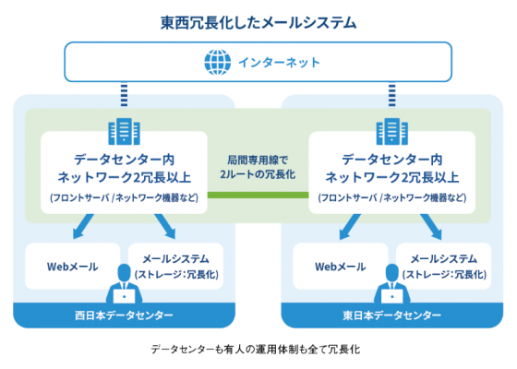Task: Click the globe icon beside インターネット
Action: pyautogui.click(x=217, y=63)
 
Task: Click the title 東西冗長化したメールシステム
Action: pyautogui.click(x=258, y=23)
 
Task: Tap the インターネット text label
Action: pyautogui.click(x=279, y=63)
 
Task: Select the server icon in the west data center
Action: pyautogui.click(x=124, y=131)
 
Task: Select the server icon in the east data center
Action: pyautogui.click(x=392, y=131)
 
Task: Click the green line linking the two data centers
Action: pyautogui.click(x=258, y=195)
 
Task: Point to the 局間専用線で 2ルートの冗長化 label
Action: pyautogui.click(x=258, y=167)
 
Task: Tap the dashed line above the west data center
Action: pyautogui.click(x=124, y=95)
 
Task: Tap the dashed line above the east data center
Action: pyautogui.click(x=392, y=95)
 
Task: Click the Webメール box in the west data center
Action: pyautogui.click(x=73, y=267)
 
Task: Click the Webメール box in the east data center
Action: pyautogui.click(x=341, y=267)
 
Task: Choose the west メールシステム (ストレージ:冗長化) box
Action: pyautogui.click(x=176, y=267)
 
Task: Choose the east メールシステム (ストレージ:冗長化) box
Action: pyautogui.click(x=444, y=267)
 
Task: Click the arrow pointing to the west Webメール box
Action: pyautogui.click(x=82, y=227)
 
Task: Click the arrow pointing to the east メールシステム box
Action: pyautogui.click(x=431, y=227)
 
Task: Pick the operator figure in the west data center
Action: pyautogui.click(x=124, y=284)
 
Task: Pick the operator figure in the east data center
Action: pyautogui.click(x=392, y=284)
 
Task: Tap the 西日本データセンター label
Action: pyautogui.click(x=124, y=315)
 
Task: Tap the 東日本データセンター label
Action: pyautogui.click(x=392, y=315)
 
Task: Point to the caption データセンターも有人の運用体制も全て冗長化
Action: pyautogui.click(x=256, y=350)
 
